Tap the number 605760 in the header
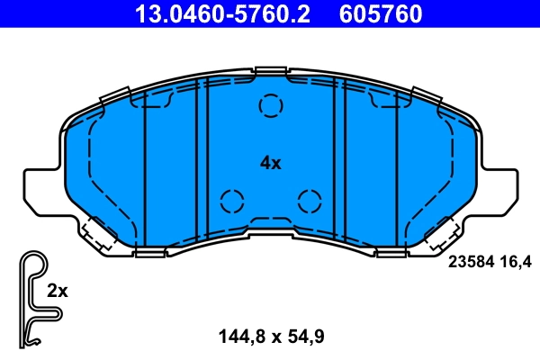coord(379,13)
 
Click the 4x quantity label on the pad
coord(270,163)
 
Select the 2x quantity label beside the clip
coord(58,291)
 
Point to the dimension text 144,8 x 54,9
coord(270,337)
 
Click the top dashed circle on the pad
coord(270,107)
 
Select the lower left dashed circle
coord(232,201)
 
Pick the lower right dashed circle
coord(310,201)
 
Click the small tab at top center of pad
coord(270,71)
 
